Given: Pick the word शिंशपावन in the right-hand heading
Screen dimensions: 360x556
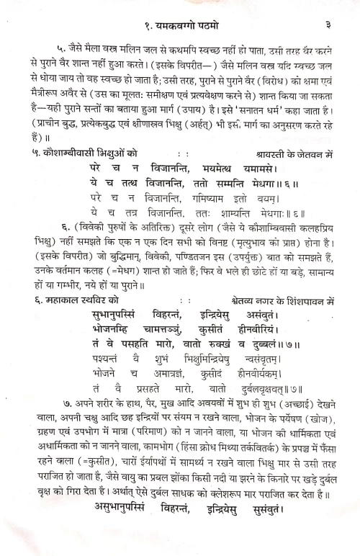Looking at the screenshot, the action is [307, 300].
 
